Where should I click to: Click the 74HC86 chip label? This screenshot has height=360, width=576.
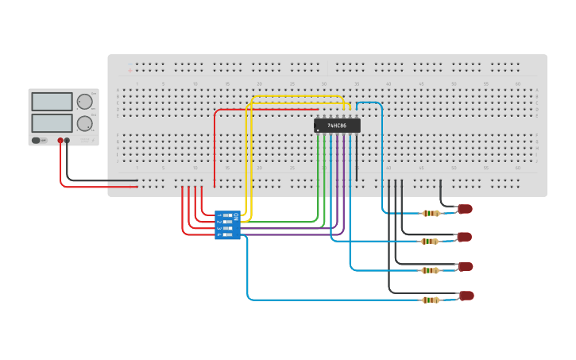[x=337, y=126]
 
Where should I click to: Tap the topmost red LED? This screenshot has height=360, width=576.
[x=466, y=209]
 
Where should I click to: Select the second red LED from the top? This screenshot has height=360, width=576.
[x=466, y=237]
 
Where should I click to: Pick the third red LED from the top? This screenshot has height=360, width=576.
[x=466, y=266]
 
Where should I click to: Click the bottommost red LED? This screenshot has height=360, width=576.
[x=466, y=296]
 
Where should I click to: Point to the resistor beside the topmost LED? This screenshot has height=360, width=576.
[x=431, y=213]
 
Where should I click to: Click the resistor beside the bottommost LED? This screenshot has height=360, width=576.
[x=431, y=300]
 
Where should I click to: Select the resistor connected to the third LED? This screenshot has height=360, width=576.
[x=431, y=270]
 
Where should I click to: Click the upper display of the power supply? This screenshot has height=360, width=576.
[x=52, y=102]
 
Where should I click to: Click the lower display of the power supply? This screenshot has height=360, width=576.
[x=52, y=123]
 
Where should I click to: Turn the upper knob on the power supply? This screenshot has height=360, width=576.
[x=83, y=101]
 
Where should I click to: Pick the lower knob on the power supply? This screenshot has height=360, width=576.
[x=83, y=123]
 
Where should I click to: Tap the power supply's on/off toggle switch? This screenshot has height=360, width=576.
[x=36, y=141]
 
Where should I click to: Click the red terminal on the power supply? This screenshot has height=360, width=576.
[x=60, y=141]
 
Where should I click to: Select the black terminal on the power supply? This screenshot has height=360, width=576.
[x=68, y=141]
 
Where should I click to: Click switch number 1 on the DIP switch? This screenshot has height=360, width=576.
[x=229, y=215]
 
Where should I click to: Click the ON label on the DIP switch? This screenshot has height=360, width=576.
[x=236, y=215]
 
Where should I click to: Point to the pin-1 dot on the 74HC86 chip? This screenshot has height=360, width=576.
[x=318, y=130]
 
